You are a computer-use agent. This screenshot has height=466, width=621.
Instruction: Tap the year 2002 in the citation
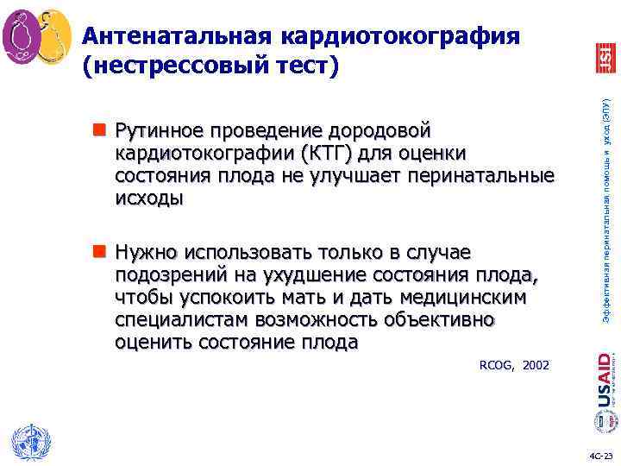(536, 366)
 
